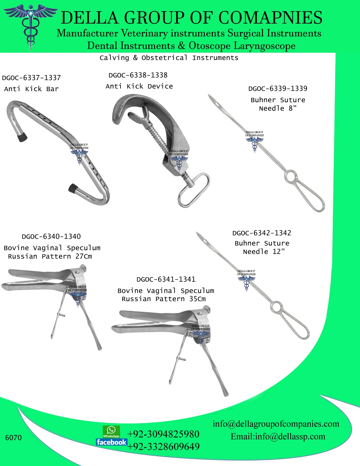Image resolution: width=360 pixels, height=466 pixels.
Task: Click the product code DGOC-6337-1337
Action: (31, 78)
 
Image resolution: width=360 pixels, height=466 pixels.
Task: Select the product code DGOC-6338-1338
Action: (138, 75)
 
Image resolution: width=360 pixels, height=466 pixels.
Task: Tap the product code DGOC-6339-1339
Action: (278, 89)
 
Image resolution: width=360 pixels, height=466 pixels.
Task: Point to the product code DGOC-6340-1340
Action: (51, 236)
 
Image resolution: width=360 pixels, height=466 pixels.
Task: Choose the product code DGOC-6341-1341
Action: (166, 279)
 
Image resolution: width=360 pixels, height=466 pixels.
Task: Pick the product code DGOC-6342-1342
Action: (262, 233)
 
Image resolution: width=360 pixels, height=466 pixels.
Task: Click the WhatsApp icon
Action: (111, 431)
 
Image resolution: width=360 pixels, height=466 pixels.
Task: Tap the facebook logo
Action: (111, 442)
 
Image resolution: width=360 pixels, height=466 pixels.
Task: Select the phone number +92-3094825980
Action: (163, 434)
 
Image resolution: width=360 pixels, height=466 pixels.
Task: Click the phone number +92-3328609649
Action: (164, 446)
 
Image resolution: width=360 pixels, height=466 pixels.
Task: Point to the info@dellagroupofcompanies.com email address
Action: (276, 424)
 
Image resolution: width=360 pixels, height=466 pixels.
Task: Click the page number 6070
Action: (13, 438)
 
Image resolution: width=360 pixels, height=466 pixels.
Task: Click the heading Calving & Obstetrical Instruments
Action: (169, 58)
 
